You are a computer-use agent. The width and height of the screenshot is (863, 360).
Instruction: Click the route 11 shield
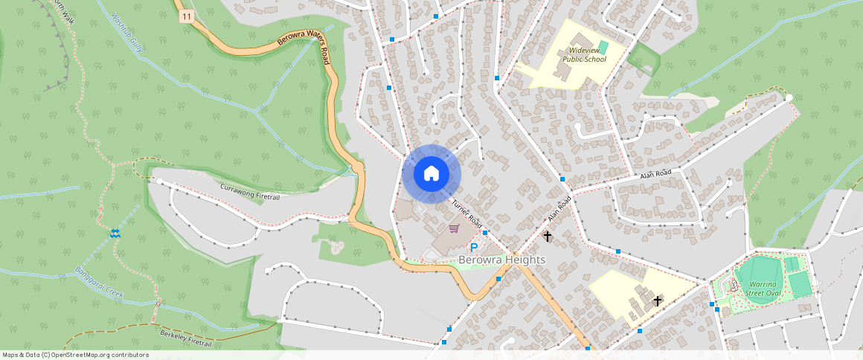(x=186, y=16)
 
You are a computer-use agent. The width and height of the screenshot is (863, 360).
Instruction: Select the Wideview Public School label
(x=584, y=54)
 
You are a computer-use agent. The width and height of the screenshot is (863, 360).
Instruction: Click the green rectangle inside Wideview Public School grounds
(x=603, y=47)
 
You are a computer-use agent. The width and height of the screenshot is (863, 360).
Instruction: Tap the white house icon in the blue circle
(x=431, y=173)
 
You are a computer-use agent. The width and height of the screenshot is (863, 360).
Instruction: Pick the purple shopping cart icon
(x=453, y=229)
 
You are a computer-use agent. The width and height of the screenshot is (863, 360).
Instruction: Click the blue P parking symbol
(x=472, y=248)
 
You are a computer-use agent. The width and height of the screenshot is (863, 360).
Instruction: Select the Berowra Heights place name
(x=501, y=260)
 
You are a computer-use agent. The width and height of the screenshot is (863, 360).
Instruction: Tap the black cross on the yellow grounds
(x=657, y=300)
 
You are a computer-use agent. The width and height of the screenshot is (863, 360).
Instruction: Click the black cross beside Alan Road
(x=548, y=237)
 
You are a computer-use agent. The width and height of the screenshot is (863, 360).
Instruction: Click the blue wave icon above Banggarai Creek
(x=115, y=234)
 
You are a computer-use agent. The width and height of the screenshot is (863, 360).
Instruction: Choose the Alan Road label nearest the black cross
(x=559, y=209)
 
